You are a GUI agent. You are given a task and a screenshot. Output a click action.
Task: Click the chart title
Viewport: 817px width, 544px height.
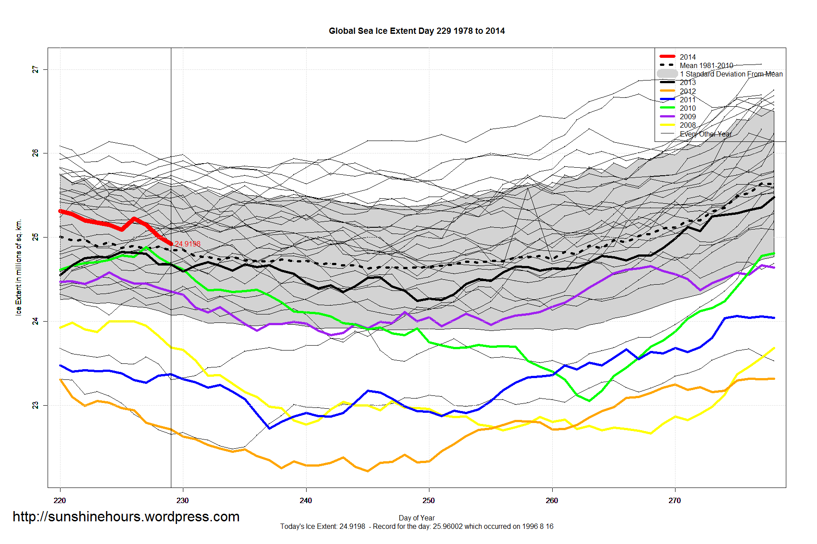pos(417,31)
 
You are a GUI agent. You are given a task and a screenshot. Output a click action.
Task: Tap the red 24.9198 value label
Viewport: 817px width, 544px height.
pos(187,244)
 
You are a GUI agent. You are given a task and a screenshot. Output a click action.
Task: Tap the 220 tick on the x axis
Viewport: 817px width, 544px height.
pos(60,500)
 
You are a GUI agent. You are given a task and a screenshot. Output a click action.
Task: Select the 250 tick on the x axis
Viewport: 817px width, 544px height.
pos(429,500)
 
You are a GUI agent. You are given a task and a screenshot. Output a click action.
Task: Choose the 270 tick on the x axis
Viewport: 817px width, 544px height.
pos(675,500)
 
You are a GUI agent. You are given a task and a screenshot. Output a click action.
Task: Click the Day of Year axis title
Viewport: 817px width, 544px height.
pos(417,518)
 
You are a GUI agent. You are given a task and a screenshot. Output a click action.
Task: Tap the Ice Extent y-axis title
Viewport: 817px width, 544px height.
pos(19,267)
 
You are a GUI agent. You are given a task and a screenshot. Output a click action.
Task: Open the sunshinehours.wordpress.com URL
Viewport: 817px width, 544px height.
pos(126,516)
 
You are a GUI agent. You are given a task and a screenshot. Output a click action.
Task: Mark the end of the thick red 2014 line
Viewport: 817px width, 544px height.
pos(171,243)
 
